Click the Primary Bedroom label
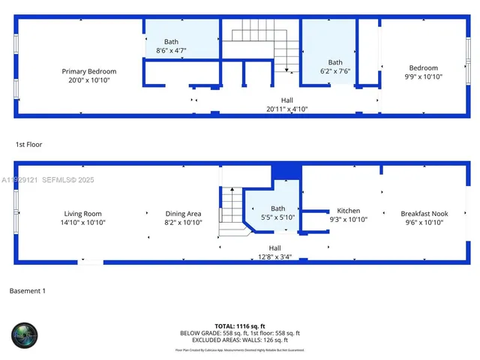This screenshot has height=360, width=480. click(89, 72)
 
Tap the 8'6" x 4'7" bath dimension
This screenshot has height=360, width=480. click(171, 50)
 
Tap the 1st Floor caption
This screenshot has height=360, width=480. click(28, 143)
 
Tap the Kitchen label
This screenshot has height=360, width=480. click(349, 211)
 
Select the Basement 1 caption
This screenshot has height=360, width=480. click(27, 290)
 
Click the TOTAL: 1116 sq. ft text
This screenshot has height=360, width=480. click(240, 325)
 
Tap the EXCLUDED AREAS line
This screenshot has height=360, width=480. click(240, 339)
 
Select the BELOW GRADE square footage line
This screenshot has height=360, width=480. click(240, 332)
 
